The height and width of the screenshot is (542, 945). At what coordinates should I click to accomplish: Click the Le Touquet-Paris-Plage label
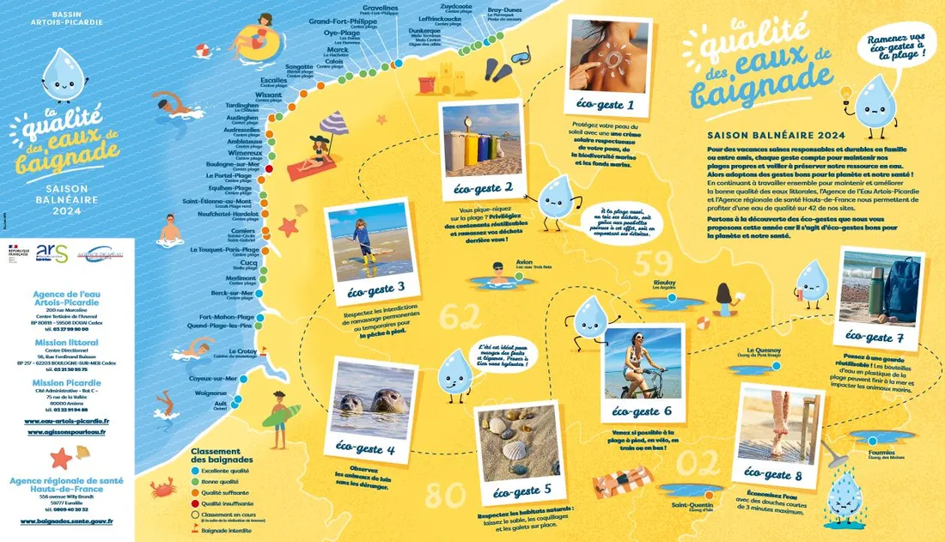[224, 250]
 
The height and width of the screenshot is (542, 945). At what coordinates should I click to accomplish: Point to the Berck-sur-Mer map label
[229, 293]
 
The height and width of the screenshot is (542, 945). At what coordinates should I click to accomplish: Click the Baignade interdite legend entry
[225, 530]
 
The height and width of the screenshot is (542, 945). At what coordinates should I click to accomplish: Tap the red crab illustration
[162, 489]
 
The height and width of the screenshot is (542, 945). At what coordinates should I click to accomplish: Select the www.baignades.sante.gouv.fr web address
[66, 521]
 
